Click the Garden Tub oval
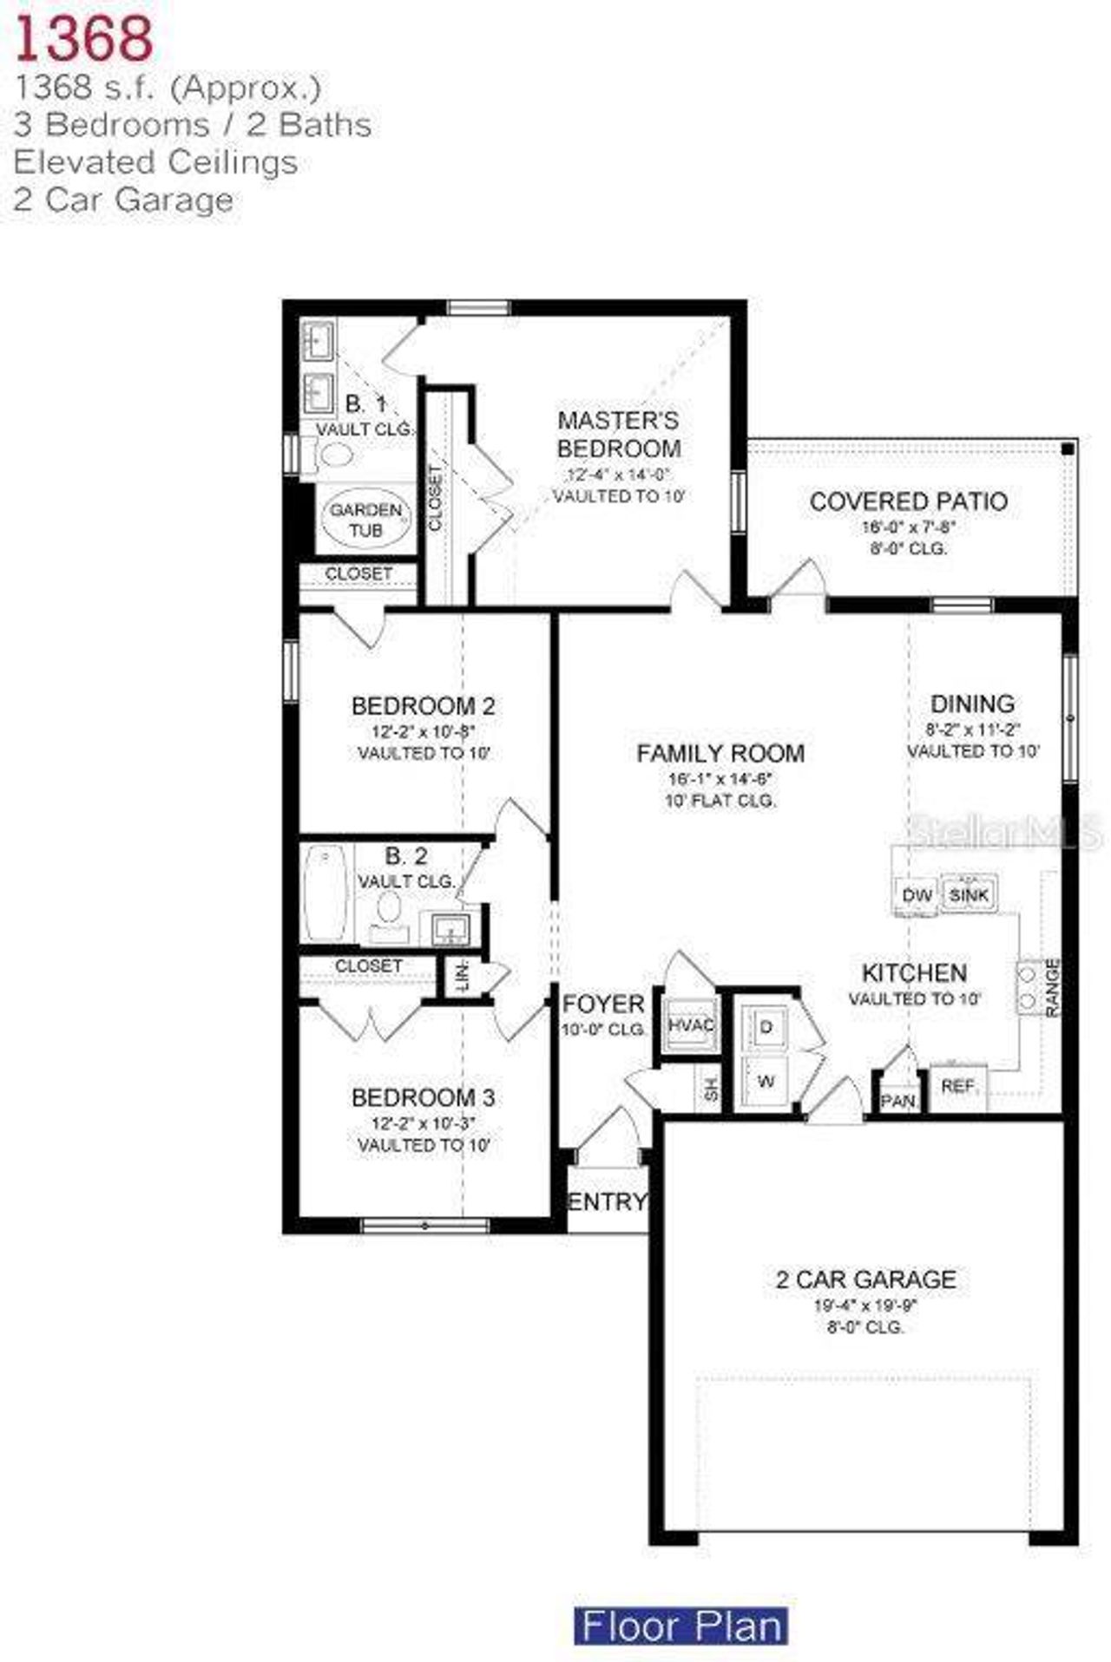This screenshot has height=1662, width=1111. click(x=365, y=520)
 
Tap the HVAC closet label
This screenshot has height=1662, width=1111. click(x=691, y=1025)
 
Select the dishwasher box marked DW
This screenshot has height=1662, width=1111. click(x=917, y=895)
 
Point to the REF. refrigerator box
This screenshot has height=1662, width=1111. click(x=957, y=1085)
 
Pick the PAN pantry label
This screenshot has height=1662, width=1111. click(x=897, y=1101)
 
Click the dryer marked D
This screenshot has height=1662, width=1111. click(x=766, y=1028)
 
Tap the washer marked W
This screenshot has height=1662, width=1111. click(x=766, y=1082)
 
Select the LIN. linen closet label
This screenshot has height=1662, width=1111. click(x=460, y=978)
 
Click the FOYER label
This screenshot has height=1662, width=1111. click(x=603, y=1004)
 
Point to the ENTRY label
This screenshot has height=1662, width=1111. click(x=607, y=1201)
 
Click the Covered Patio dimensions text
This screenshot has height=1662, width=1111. click(x=908, y=527)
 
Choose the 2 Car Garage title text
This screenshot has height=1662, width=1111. click(x=865, y=1279)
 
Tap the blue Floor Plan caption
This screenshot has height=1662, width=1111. click(x=681, y=1625)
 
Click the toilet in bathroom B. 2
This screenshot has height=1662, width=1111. click(x=388, y=909)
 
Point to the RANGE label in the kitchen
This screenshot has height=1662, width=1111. click(x=1052, y=987)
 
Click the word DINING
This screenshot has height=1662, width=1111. click(x=972, y=703)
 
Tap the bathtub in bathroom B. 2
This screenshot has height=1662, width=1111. click(x=325, y=893)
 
